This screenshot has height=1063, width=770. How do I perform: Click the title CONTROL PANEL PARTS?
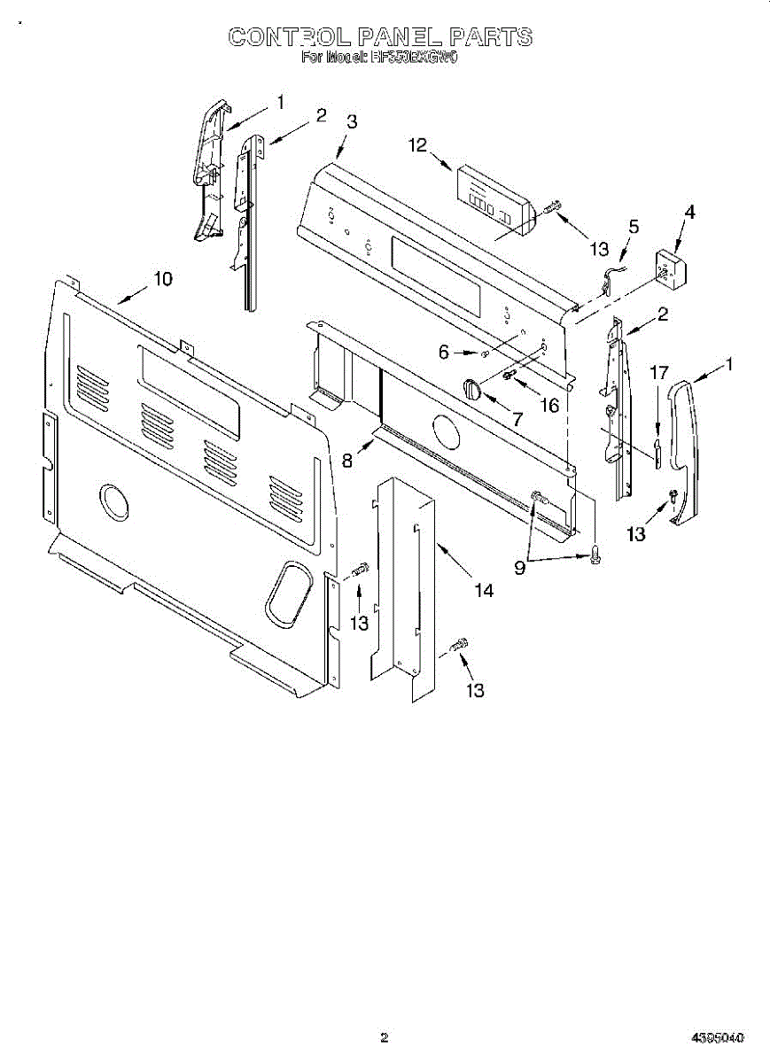click(x=381, y=36)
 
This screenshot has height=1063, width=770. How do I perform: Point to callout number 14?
click(x=483, y=590)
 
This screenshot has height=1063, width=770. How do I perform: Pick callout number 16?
click(x=549, y=405)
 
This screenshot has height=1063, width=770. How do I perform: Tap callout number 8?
click(x=347, y=460)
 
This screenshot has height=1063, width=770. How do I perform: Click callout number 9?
click(x=520, y=568)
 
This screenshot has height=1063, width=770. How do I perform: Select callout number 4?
click(x=689, y=212)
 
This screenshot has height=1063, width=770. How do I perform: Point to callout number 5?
click(x=633, y=226)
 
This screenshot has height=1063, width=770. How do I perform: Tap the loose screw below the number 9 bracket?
click(x=595, y=555)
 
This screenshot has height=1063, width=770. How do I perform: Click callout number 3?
click(x=352, y=122)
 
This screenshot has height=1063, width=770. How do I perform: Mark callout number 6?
click(x=444, y=352)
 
